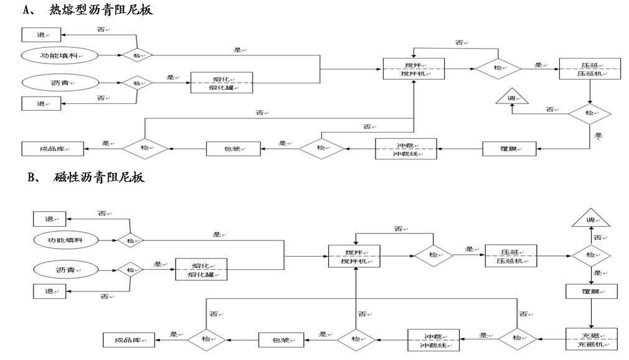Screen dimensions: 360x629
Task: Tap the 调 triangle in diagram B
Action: [590, 219]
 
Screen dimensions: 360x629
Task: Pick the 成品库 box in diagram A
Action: [52, 149]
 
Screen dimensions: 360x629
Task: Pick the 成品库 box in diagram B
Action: [128, 340]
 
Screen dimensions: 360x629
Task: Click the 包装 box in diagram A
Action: [234, 148]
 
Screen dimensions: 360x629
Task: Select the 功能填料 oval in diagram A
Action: [61, 55]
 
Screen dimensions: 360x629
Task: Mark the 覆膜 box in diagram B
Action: [590, 291]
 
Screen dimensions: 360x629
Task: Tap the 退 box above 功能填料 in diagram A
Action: [42, 34]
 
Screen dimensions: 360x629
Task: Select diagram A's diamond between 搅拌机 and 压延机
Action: [498, 68]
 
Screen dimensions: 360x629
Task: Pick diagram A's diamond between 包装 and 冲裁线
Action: [321, 148]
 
